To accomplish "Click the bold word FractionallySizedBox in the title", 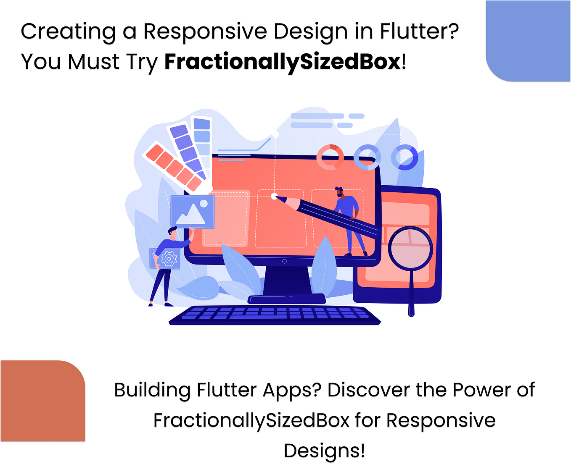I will (x=283, y=62).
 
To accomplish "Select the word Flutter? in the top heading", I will (x=419, y=31).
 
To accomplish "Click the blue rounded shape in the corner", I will (x=529, y=41).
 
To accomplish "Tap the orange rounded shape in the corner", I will (x=42, y=401).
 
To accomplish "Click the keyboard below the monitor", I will (x=275, y=315).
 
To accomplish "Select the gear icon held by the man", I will (x=169, y=259).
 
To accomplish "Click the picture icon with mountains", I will (x=193, y=212).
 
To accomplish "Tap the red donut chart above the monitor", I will (x=330, y=157).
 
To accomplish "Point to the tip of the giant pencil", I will (x=275, y=196).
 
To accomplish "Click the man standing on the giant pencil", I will (x=348, y=218).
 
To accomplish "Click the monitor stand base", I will (x=287, y=299).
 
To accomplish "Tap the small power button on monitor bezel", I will (x=284, y=261).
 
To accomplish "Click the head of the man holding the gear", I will (x=172, y=231).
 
